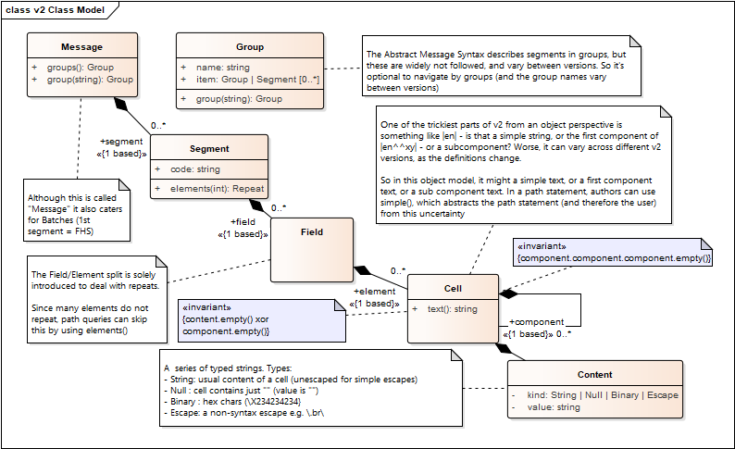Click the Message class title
pyautogui.click(x=81, y=47)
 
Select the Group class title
pyautogui.click(x=250, y=47)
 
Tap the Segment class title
pyautogui.click(x=209, y=149)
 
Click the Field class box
pyautogui.click(x=312, y=250)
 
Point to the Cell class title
pyautogui.click(x=453, y=289)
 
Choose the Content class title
pyautogui.click(x=594, y=375)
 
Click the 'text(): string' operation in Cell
pyautogui.click(x=453, y=309)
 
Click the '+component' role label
pyautogui.click(x=535, y=321)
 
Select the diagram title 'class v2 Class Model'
pyautogui.click(x=56, y=10)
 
